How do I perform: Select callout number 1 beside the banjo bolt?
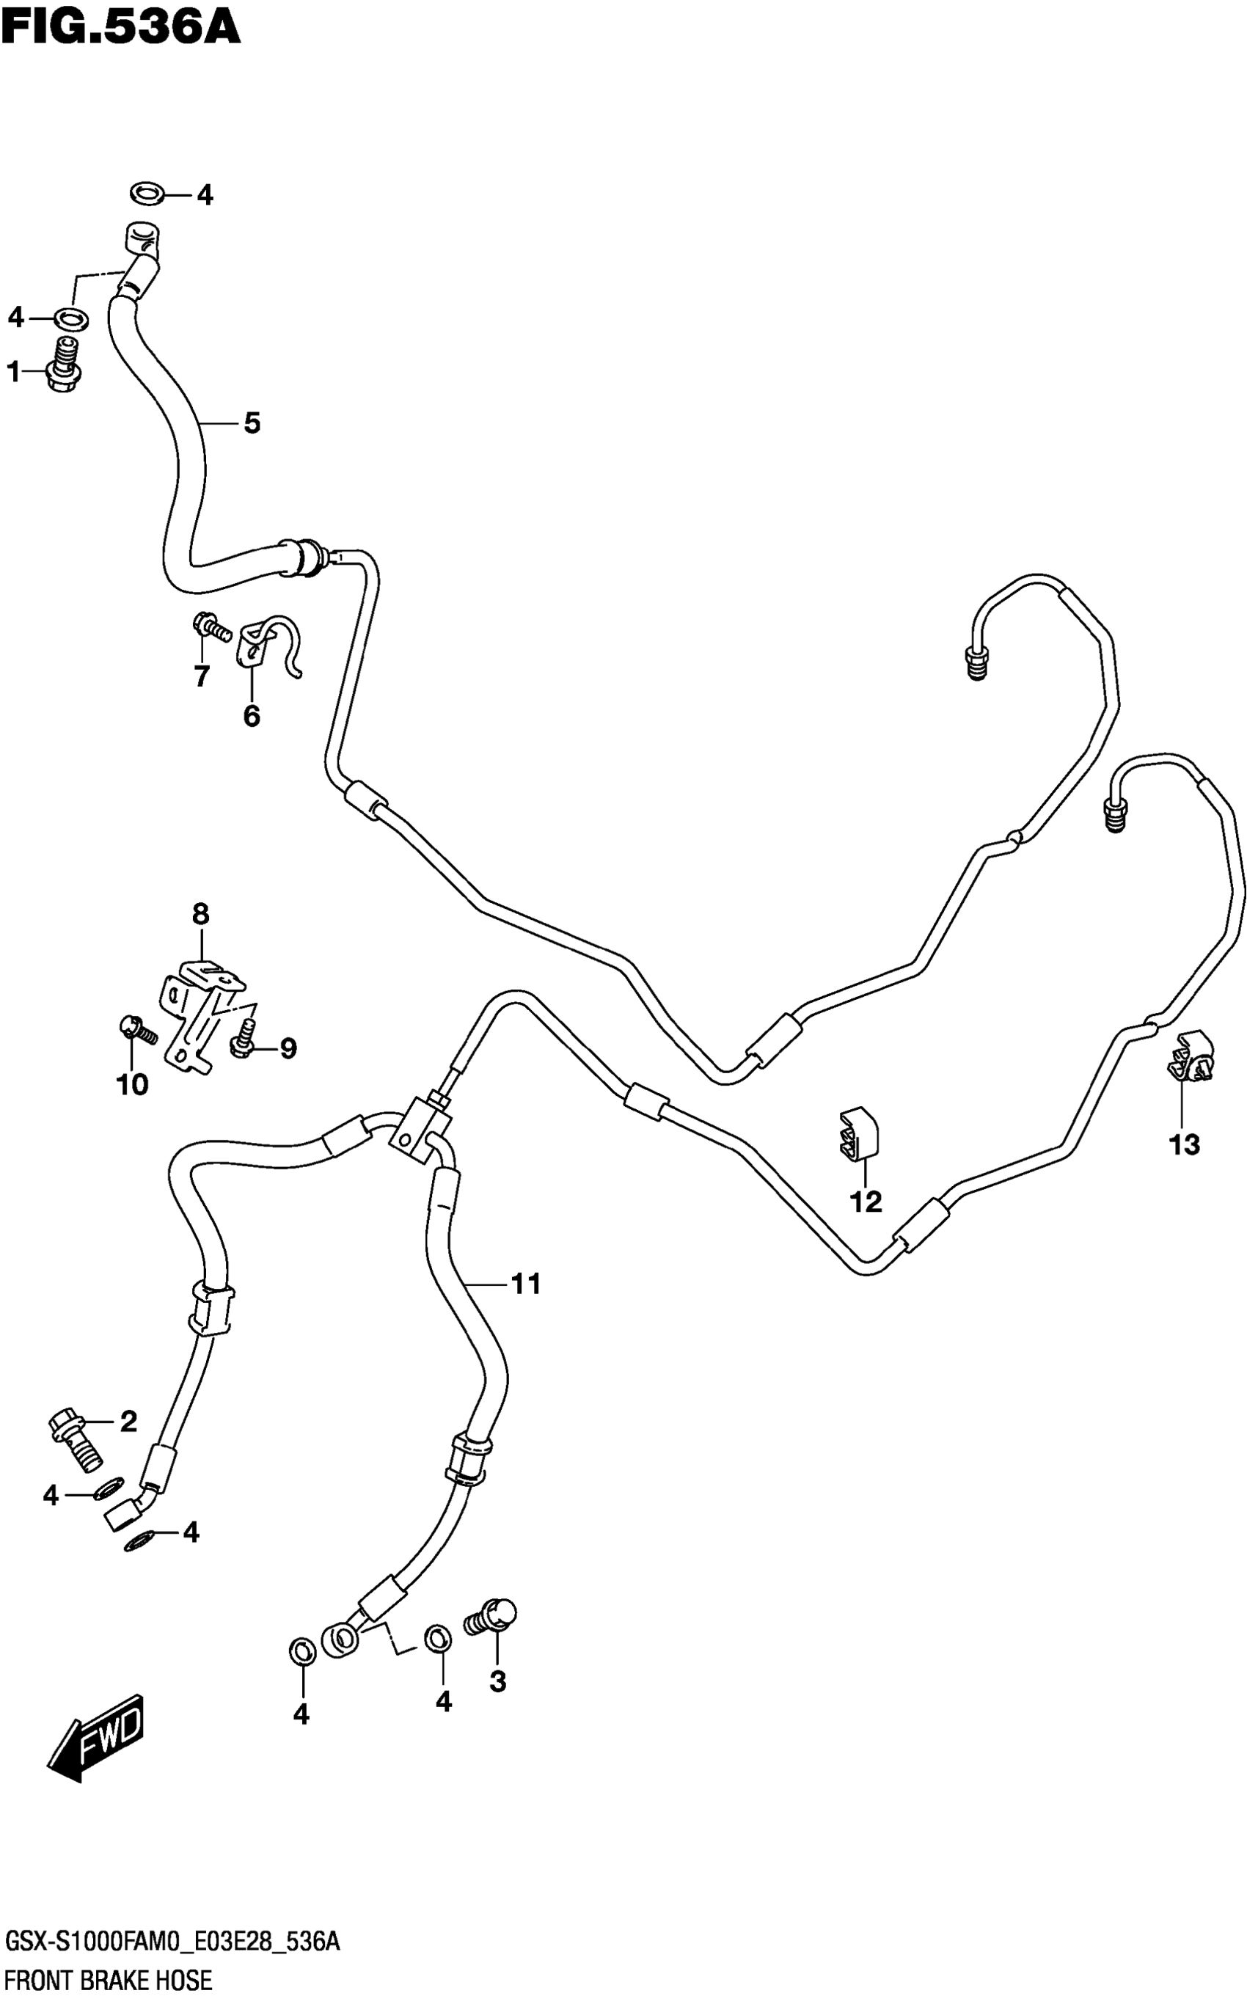[13, 373]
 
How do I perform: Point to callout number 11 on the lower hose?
[525, 1284]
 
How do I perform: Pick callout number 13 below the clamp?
[1185, 1145]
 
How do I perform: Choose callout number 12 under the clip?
[866, 1202]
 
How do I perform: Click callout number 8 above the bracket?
[200, 915]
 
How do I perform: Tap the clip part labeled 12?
[857, 1138]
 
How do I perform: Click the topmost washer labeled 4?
[146, 194]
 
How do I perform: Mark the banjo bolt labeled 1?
[65, 365]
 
